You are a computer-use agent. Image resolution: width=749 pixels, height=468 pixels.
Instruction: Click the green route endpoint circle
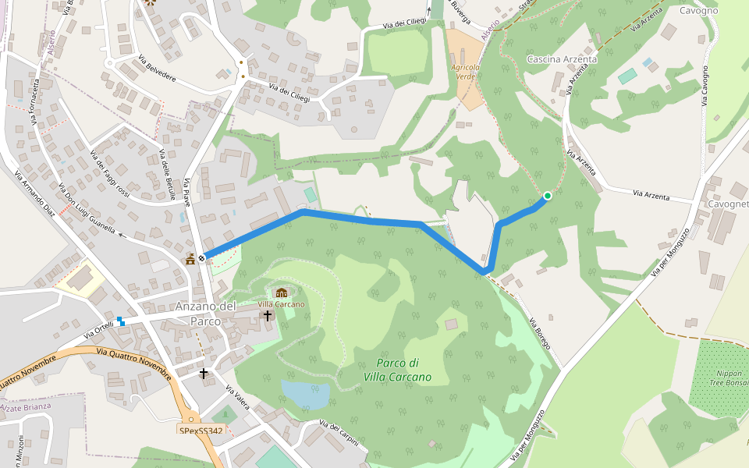(548, 196)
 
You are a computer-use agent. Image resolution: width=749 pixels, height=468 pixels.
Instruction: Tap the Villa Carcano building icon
(282, 293)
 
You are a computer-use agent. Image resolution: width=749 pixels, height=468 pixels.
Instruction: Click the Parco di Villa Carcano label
(397, 370)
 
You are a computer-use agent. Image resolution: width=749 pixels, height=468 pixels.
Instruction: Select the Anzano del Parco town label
(205, 314)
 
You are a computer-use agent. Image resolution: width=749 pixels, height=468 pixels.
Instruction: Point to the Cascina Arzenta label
(562, 59)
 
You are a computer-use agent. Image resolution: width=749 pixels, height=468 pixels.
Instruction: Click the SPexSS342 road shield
(201, 430)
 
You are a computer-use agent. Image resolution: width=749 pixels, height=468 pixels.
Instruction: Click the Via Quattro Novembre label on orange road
(133, 360)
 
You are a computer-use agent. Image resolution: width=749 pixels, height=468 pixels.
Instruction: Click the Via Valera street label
(236, 399)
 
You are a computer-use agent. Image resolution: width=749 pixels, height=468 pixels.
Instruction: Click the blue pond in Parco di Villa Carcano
(305, 393)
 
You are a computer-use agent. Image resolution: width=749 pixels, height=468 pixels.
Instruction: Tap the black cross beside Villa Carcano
(268, 315)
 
